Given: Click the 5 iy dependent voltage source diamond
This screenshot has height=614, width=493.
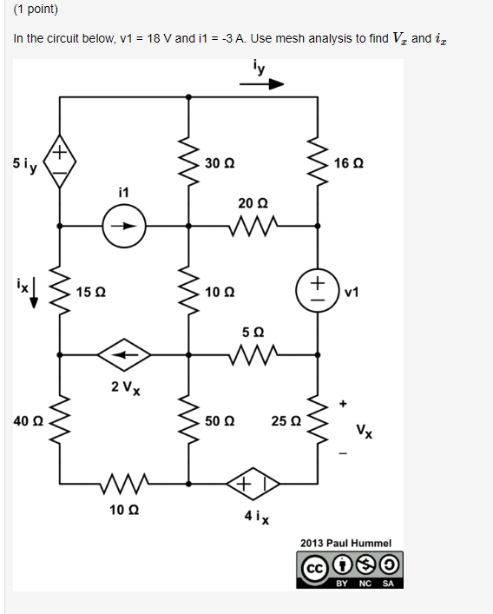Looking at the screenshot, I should coord(59,162).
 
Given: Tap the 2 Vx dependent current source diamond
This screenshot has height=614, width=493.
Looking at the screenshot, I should coord(123,354).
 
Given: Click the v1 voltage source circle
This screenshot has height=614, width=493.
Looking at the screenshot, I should coord(318,290).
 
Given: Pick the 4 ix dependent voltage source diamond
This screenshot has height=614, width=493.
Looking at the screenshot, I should coord(252,482).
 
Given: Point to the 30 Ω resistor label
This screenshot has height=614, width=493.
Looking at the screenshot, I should coord(220,163).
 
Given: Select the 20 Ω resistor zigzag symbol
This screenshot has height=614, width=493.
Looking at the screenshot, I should coord(253,228).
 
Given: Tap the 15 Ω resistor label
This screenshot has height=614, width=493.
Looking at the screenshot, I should coord(90,291).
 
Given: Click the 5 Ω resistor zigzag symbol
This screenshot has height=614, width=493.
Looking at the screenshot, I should coord(253,354).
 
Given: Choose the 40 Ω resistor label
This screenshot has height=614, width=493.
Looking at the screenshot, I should coord(28,420).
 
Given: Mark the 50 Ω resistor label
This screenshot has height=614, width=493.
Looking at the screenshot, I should coord(220,420).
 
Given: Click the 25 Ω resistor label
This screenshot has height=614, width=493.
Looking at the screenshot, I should coord(285,420).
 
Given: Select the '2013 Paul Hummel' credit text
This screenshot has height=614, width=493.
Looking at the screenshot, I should coord(346,543).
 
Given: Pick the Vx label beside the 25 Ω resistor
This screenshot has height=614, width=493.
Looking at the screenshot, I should coord(365,431).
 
